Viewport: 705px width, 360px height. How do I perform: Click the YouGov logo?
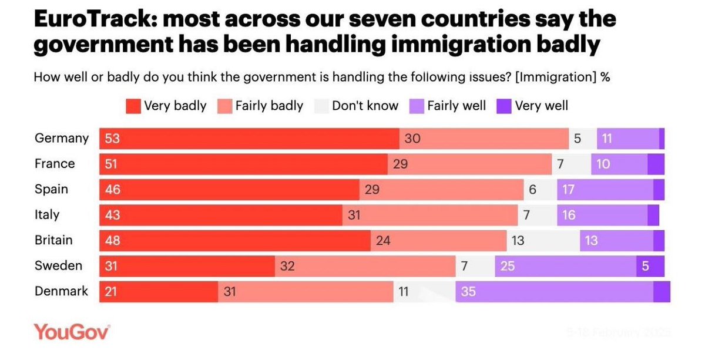click(71, 331)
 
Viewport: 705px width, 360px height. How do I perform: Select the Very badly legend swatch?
click(133, 106)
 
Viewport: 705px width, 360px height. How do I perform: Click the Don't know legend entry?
click(357, 106)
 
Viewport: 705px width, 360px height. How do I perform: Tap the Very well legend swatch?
click(503, 106)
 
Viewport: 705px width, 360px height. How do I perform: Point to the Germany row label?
click(62, 139)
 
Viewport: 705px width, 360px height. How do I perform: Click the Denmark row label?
click(62, 291)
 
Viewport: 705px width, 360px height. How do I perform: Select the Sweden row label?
click(59, 266)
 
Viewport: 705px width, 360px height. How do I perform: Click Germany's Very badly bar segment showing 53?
click(249, 139)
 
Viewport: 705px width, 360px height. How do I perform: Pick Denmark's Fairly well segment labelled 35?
click(554, 291)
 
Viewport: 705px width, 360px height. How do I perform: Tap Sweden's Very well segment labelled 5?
click(650, 266)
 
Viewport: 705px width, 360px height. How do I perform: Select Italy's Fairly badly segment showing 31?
click(430, 215)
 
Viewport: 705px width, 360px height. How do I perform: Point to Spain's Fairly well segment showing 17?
click(605, 190)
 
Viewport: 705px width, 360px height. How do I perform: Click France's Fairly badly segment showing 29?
click(469, 164)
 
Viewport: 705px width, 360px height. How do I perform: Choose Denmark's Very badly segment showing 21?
click(159, 291)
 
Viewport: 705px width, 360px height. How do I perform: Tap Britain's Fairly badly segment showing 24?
click(438, 240)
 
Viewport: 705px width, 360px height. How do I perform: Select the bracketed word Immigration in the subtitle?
click(556, 77)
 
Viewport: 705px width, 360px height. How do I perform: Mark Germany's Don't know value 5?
click(582, 139)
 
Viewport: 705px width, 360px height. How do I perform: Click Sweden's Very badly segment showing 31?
click(187, 266)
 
